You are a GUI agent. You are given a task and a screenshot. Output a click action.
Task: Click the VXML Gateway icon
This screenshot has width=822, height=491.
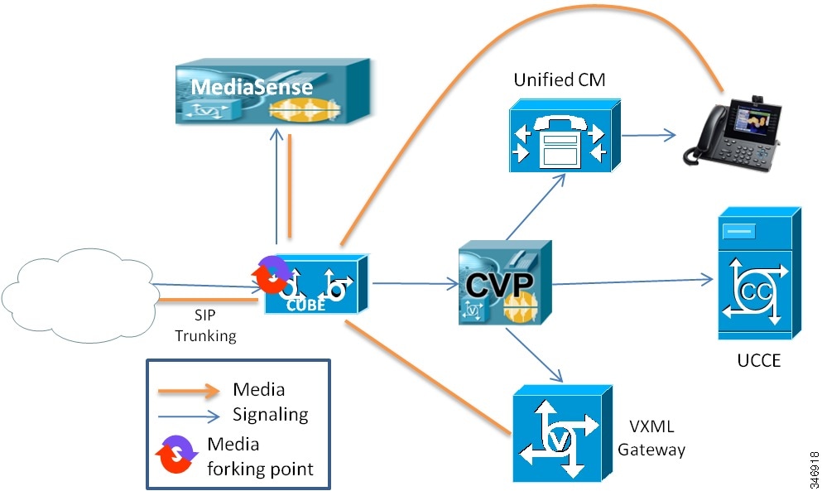[560, 433]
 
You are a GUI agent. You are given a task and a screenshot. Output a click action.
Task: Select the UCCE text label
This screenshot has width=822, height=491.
[757, 362]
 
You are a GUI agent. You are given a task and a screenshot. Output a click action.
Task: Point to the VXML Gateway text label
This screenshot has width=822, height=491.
[657, 438]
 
